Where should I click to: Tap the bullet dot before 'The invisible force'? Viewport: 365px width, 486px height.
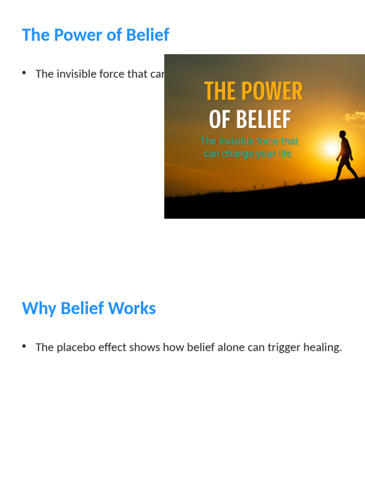click(x=24, y=73)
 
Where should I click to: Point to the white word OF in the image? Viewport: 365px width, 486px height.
click(x=220, y=120)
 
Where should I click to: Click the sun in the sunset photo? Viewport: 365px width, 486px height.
click(x=331, y=149)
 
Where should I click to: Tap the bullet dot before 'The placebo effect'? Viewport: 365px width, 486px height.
click(x=24, y=346)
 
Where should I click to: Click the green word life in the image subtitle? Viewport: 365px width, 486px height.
click(x=284, y=154)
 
